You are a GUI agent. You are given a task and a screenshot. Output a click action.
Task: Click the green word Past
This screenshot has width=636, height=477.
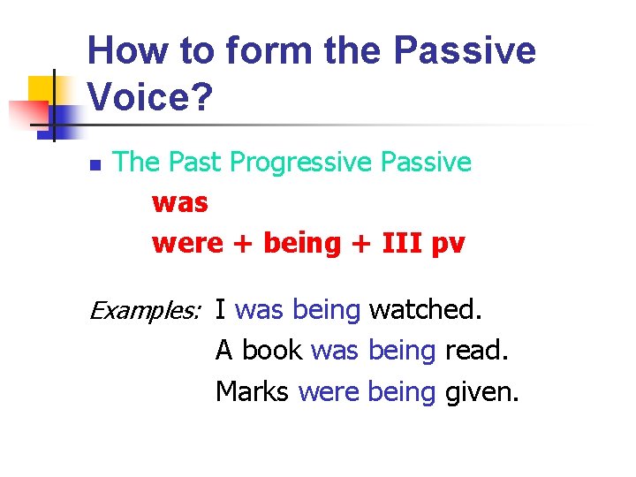195,163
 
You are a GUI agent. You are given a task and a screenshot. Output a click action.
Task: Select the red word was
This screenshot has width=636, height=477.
179,202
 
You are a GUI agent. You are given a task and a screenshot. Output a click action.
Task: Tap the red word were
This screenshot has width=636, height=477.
187,243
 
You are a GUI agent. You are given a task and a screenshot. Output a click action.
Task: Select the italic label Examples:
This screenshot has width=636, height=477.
147,310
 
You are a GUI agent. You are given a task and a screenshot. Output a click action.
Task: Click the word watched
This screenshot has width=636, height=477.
426,310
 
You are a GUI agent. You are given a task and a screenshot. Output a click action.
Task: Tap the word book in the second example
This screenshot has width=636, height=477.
273,351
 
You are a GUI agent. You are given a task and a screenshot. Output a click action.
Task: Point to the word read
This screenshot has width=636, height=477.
477,351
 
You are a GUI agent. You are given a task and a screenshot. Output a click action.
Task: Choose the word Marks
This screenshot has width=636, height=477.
252,390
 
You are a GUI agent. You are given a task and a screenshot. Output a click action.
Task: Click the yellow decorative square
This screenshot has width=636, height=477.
42,91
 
